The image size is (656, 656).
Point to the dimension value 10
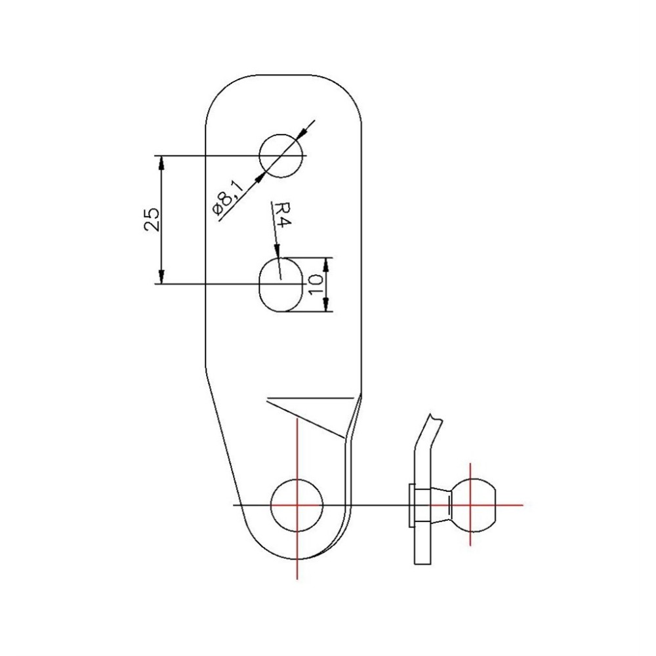coord(315,283)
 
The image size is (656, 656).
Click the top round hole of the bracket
coord(281,155)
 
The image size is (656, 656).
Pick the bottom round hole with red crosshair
coord(298,505)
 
